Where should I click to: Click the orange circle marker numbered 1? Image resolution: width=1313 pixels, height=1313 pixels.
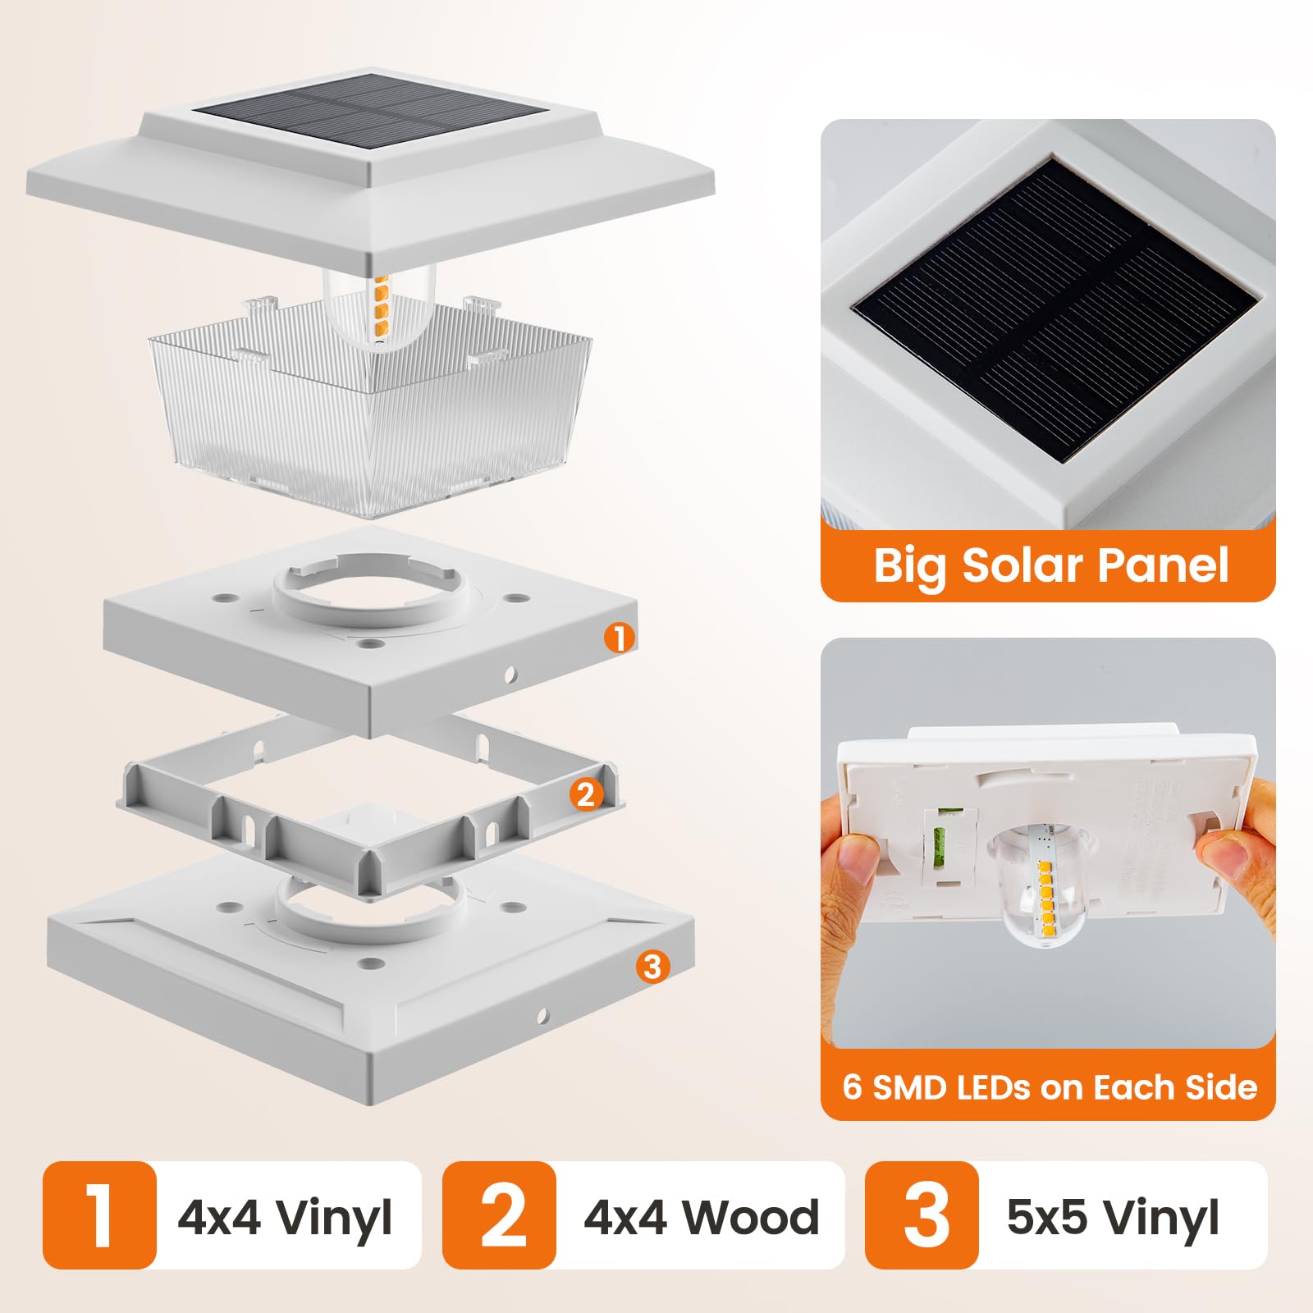(620, 638)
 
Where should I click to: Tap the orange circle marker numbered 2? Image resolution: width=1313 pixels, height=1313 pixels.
(585, 794)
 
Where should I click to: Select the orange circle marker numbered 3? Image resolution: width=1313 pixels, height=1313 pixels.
(652, 966)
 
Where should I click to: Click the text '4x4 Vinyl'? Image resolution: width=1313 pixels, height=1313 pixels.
(285, 1217)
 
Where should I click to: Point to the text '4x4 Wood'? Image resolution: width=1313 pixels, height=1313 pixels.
(701, 1217)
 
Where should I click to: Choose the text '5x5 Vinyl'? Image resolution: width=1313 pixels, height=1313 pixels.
(1112, 1217)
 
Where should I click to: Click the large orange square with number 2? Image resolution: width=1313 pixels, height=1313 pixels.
(499, 1215)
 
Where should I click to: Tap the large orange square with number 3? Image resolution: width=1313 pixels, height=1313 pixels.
(922, 1215)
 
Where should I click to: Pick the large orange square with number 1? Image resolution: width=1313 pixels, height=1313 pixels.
(99, 1215)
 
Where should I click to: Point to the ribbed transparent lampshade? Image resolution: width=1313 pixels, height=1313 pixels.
(369, 419)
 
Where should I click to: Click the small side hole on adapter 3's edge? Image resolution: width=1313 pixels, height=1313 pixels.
(542, 1017)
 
